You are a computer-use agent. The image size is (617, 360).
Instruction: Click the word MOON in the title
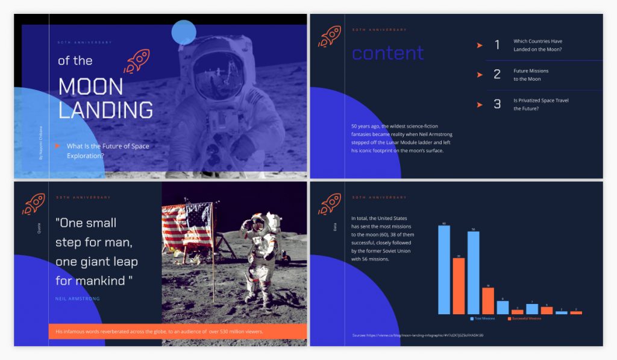click(x=90, y=87)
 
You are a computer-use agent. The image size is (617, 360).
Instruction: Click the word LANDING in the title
click(x=105, y=110)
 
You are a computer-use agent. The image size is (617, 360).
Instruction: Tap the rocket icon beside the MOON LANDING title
click(x=136, y=62)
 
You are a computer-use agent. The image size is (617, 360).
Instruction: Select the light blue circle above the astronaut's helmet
click(x=184, y=33)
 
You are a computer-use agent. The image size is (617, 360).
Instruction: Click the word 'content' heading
click(x=387, y=53)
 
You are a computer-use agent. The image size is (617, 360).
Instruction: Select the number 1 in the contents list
click(x=497, y=45)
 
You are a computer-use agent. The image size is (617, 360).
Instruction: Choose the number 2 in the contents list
click(x=497, y=75)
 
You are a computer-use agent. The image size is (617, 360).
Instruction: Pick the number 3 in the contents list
click(x=497, y=104)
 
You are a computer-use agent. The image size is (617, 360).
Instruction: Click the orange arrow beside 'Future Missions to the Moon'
click(x=480, y=75)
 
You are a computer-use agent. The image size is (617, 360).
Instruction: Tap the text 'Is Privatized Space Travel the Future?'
click(x=540, y=104)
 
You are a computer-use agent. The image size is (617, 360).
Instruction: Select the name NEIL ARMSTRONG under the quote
click(x=77, y=298)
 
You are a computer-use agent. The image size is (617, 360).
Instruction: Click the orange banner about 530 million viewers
click(x=177, y=331)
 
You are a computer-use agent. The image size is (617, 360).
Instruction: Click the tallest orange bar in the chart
click(x=459, y=286)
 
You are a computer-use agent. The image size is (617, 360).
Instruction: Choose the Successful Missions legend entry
click(x=524, y=318)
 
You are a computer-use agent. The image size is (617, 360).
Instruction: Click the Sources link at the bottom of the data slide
click(x=418, y=335)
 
